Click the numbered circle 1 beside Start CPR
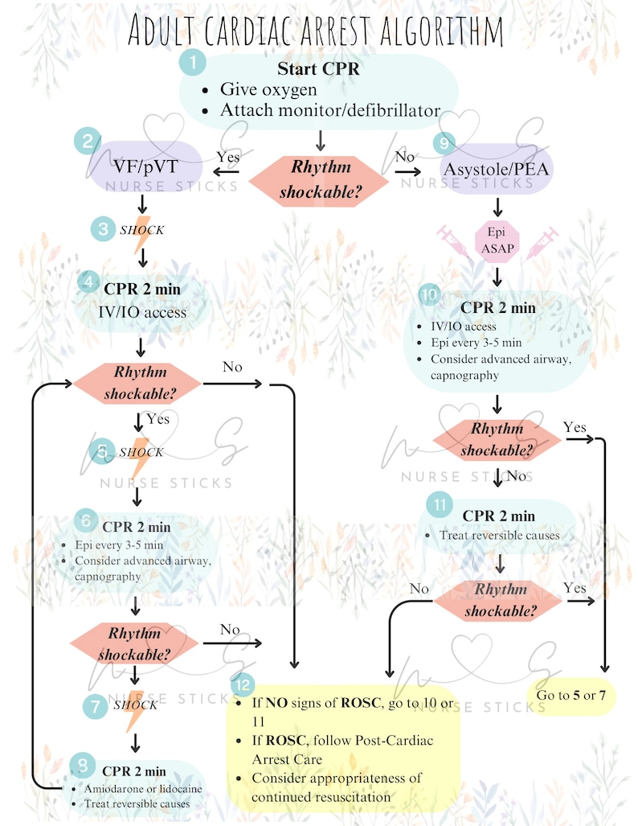192,62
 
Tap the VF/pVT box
145,167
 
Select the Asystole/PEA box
497,169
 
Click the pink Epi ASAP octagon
497,240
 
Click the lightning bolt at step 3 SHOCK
141,234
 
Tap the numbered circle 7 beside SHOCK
96,706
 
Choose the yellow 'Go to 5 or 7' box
571,696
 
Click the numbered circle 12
243,684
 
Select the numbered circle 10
430,294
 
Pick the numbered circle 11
440,505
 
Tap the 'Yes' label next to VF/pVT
228,157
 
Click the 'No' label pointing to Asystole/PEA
405,157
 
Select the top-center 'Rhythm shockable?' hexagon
319,181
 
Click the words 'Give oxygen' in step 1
268,89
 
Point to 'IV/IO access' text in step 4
142,312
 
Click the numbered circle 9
444,142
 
